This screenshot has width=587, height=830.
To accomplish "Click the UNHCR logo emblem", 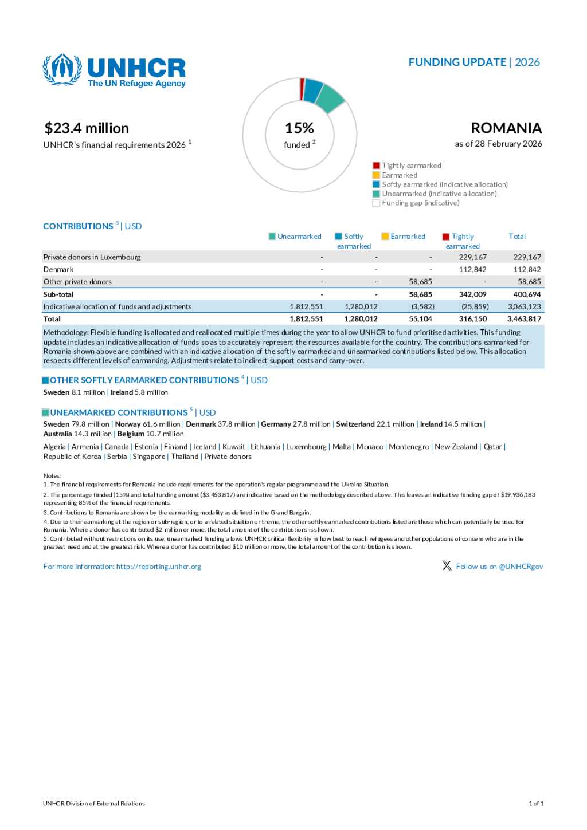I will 62,69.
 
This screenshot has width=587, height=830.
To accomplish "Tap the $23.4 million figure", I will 87,128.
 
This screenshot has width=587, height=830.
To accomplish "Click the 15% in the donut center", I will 299,128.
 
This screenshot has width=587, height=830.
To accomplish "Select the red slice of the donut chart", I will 302,89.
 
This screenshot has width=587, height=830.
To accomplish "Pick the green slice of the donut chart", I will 329,98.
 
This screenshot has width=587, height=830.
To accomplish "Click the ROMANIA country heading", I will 506,128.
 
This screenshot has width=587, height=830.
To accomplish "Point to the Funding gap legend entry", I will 420,203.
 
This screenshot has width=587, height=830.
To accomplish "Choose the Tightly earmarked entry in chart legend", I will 411,166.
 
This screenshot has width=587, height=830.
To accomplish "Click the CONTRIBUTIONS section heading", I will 78,226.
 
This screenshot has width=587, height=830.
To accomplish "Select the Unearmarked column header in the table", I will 299,237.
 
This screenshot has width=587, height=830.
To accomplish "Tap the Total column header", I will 517,237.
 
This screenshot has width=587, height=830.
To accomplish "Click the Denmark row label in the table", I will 58,270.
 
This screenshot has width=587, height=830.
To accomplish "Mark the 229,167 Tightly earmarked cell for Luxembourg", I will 472,258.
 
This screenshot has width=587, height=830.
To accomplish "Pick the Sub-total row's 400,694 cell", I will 527,295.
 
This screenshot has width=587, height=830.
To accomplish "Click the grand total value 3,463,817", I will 524,319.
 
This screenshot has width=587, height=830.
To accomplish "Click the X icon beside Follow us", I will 447,566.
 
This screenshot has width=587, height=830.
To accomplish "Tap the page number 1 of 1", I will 536,804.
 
